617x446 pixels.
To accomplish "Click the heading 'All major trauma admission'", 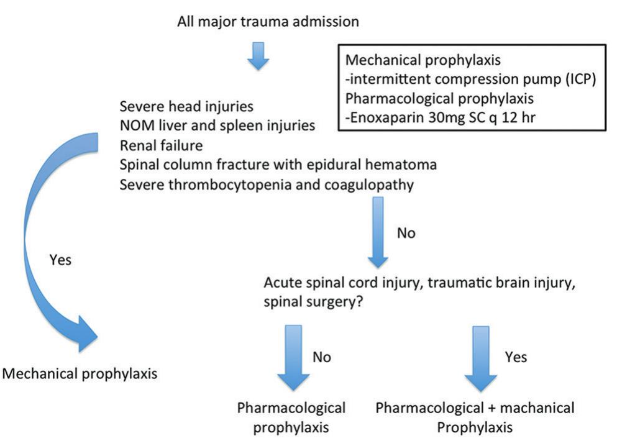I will (268, 22).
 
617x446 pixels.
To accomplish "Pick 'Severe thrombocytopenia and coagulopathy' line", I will (267, 185).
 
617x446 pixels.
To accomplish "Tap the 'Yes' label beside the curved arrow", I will (60, 260).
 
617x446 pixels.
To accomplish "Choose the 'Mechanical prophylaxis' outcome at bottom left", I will (80, 374).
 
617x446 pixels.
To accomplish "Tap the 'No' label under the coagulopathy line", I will (405, 234).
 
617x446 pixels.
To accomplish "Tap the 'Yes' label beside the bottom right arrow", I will (513, 357).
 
